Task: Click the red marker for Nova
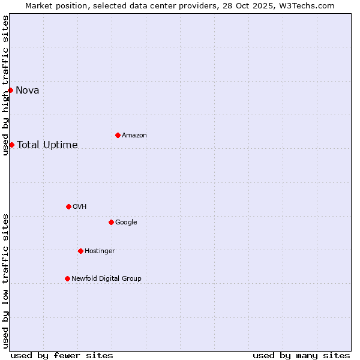coord(10,90)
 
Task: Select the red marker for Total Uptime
coord(11,145)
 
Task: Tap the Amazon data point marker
coord(118,135)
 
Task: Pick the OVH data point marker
coord(68,206)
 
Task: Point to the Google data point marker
coord(111,222)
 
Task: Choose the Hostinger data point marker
coord(80,251)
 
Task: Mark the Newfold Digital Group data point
coord(67,278)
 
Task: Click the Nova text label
coord(27,91)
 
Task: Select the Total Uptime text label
coord(47,145)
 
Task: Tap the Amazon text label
coord(134,136)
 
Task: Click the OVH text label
coord(80,207)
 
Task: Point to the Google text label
coord(126,223)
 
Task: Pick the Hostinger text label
coord(100,251)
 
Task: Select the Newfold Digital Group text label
coord(106,279)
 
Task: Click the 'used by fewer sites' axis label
coord(62,355)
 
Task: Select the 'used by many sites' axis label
coord(301,355)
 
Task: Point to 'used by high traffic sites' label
coord(6,85)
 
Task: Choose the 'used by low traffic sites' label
coord(6,281)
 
